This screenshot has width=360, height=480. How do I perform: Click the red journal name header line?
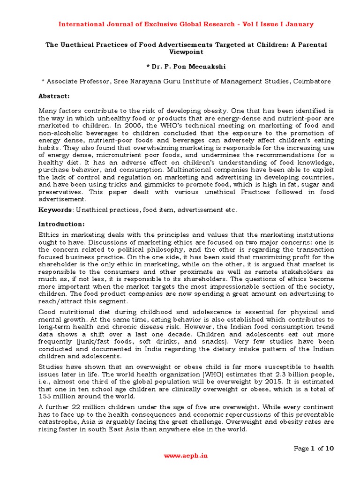[186, 24]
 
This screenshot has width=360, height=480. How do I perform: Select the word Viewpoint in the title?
[186, 52]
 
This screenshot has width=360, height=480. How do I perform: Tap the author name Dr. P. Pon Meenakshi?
[186, 67]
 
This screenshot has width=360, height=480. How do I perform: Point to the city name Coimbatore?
[312, 81]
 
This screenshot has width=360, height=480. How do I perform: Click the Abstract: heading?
[53, 96]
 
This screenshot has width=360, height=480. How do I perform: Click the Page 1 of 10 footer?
[314, 448]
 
